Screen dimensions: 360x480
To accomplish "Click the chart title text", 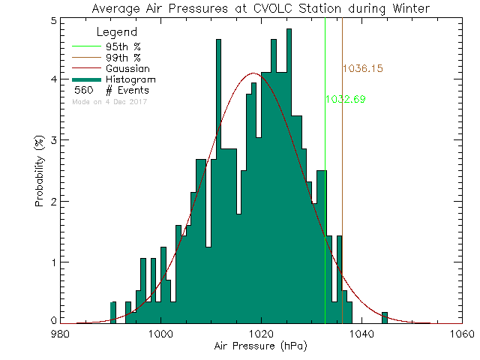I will (261, 8).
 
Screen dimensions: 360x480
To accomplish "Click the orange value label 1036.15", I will (363, 68).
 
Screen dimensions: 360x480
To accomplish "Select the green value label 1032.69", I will (345, 99).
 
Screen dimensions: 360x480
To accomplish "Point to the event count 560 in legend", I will (82, 90).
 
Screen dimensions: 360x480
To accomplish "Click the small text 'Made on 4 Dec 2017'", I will (110, 101).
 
